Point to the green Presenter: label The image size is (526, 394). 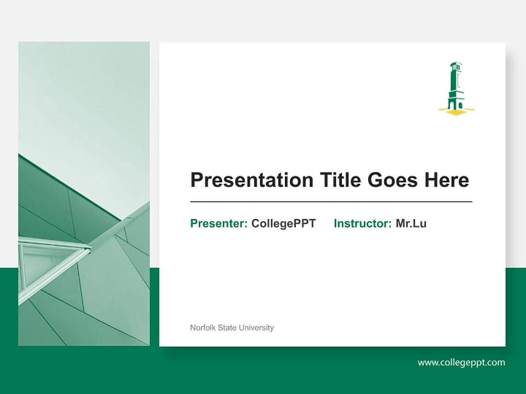tap(219, 223)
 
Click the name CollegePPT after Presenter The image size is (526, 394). tap(283, 223)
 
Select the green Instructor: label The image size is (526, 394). tap(362, 223)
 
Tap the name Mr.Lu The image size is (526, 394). tap(411, 223)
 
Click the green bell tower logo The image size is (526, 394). tap(456, 88)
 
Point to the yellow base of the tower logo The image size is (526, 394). tap(456, 112)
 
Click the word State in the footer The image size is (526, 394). tap(227, 328)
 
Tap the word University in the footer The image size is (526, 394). tap(256, 328)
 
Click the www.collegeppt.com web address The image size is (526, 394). tap(461, 362)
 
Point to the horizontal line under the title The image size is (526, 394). tap(331, 202)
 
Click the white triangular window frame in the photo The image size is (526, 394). tap(49, 260)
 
